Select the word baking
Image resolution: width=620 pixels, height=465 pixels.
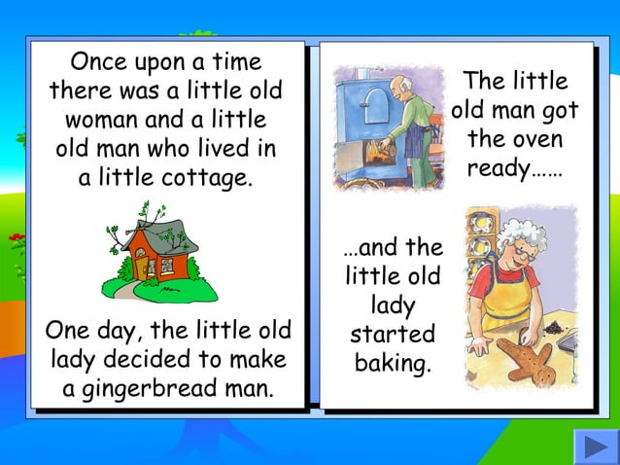click(393, 366)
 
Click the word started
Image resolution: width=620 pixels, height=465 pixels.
click(393, 336)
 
